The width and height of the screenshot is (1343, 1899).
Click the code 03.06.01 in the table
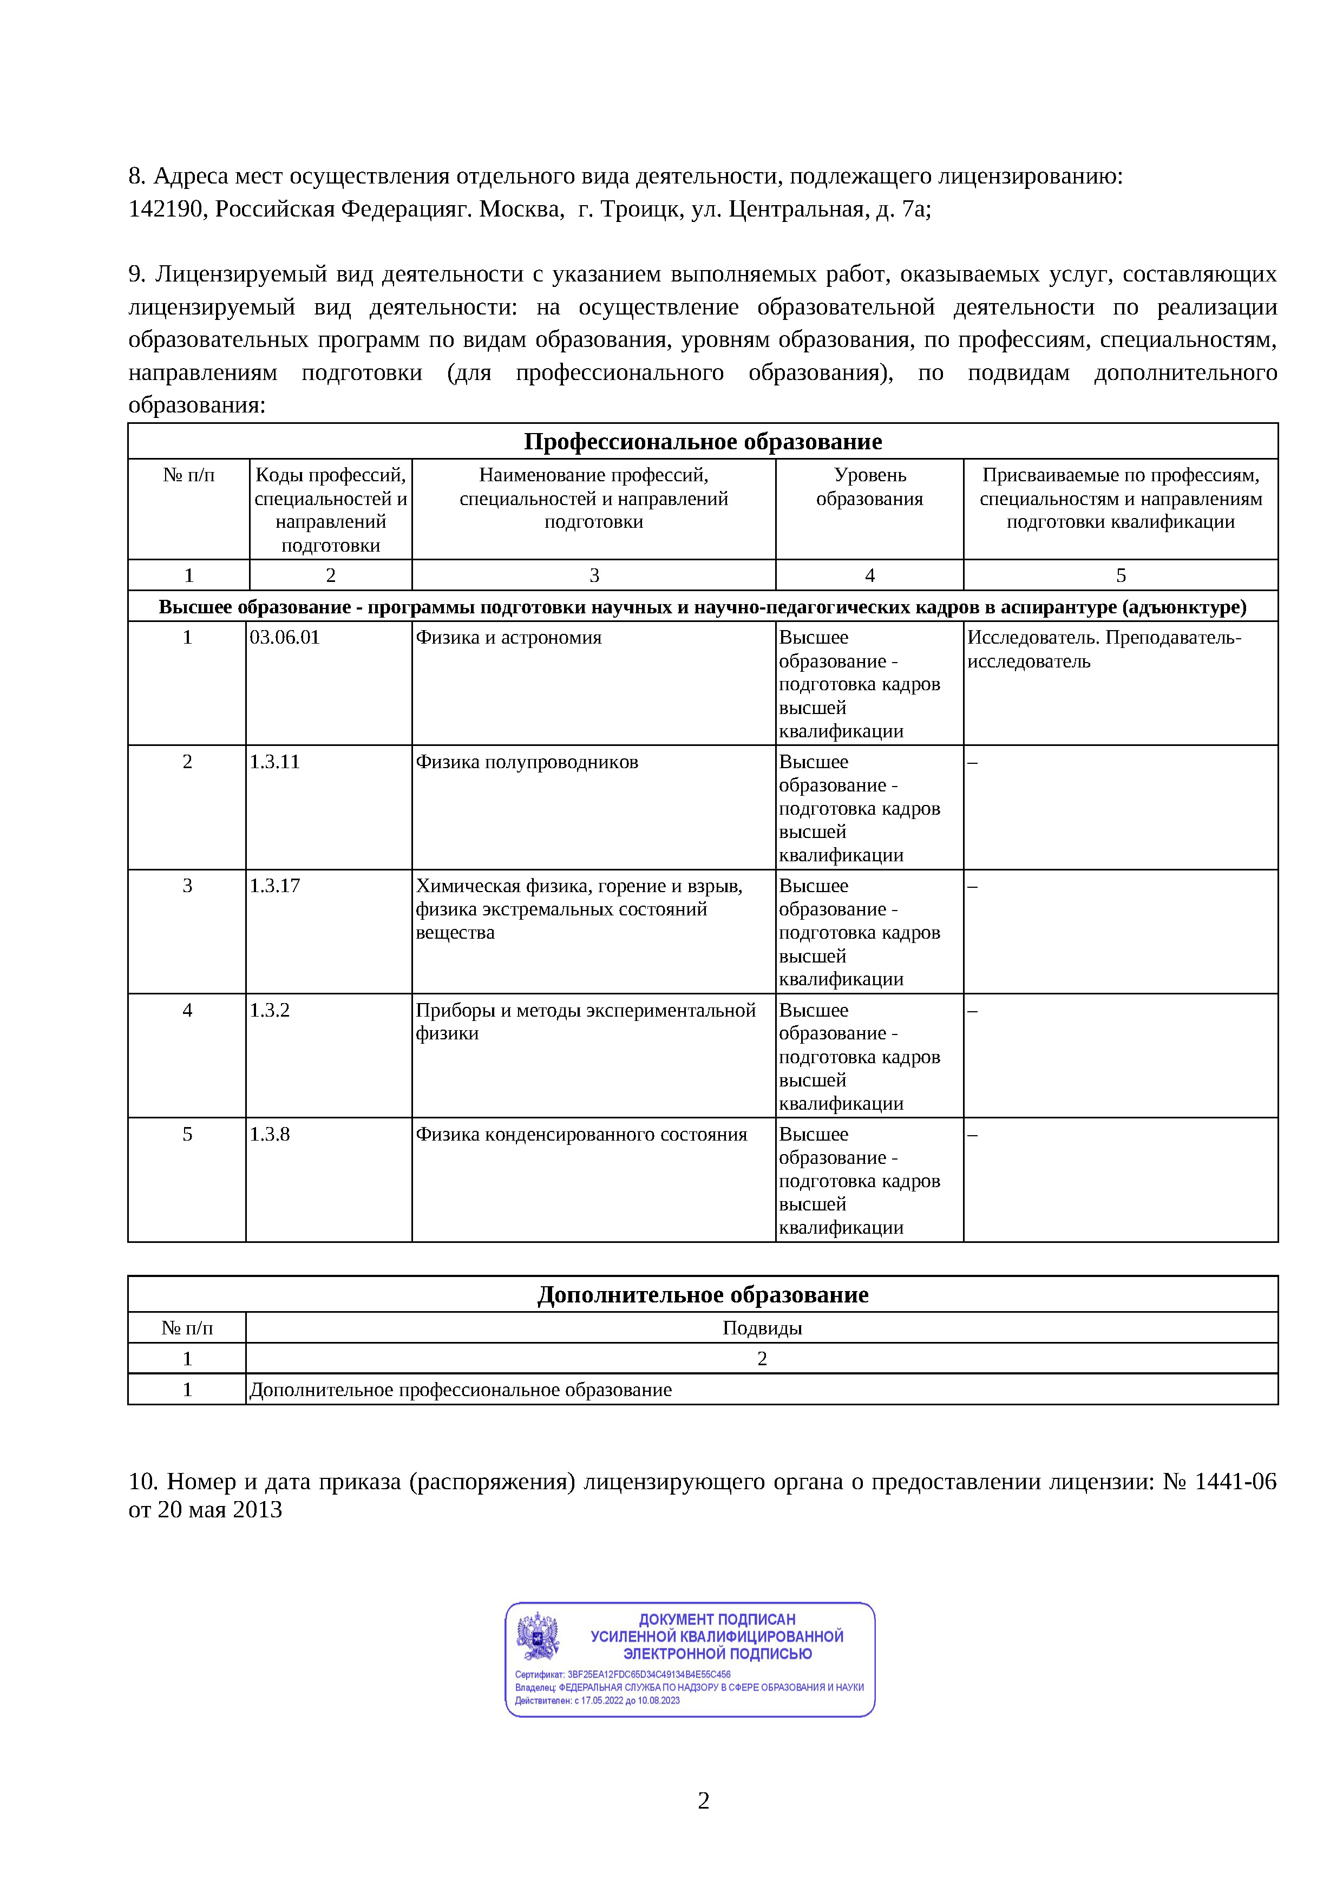pos(285,638)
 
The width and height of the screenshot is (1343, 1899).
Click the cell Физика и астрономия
pos(509,638)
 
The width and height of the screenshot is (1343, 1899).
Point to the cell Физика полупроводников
pos(527,762)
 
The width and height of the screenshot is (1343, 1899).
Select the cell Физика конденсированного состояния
pos(581,1134)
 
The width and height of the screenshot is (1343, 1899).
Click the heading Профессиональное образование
pos(703,442)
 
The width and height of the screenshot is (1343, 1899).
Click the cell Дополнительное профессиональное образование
pos(461,1390)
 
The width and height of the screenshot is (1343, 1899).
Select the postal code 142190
pos(166,209)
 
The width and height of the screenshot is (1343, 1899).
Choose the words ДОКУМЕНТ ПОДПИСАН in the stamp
pos(717,1619)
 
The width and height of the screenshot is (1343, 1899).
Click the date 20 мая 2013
pos(220,1509)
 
